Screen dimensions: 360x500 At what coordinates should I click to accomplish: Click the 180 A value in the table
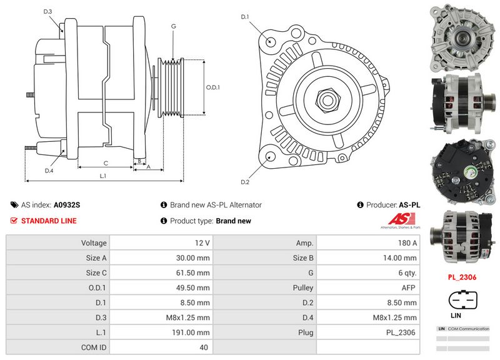click(407, 242)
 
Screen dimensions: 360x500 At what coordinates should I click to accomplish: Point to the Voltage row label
click(94, 242)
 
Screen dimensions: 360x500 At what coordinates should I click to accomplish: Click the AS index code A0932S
click(67, 204)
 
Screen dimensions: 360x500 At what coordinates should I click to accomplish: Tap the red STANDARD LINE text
click(49, 221)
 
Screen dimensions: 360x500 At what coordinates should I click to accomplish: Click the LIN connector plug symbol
click(462, 301)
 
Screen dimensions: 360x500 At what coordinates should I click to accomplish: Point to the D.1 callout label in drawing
click(245, 16)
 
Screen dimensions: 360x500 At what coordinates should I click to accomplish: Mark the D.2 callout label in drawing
click(245, 182)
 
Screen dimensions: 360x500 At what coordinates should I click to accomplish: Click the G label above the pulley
click(173, 26)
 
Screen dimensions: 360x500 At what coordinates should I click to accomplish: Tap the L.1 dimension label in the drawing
click(104, 176)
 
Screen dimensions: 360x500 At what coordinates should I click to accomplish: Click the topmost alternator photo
click(462, 36)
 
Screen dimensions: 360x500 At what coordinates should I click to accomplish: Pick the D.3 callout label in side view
click(48, 11)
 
